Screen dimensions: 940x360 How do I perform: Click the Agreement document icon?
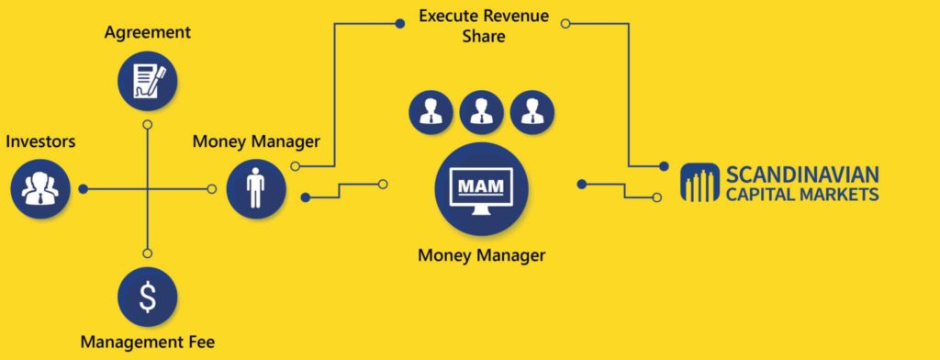pyautogui.click(x=148, y=80)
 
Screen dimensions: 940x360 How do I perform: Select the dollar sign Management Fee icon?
pyautogui.click(x=148, y=296)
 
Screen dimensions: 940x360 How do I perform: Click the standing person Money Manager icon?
pyautogui.click(x=256, y=188)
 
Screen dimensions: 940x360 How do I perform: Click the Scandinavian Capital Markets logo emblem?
pyautogui.click(x=699, y=183)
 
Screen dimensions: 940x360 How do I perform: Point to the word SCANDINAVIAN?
pyautogui.click(x=801, y=174)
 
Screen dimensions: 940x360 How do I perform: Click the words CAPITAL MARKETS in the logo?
pyautogui.click(x=801, y=194)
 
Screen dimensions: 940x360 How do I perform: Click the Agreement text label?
pyautogui.click(x=148, y=33)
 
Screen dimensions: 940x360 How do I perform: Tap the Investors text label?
pyautogui.click(x=40, y=142)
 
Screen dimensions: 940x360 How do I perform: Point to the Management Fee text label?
pyautogui.click(x=148, y=343)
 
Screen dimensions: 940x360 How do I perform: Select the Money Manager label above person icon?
pyautogui.click(x=256, y=141)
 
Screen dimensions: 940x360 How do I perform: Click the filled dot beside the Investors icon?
pyautogui.click(x=84, y=189)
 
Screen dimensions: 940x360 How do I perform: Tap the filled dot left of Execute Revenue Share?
pyautogui.click(x=399, y=23)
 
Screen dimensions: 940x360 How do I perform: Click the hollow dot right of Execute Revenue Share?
pyautogui.click(x=565, y=23)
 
